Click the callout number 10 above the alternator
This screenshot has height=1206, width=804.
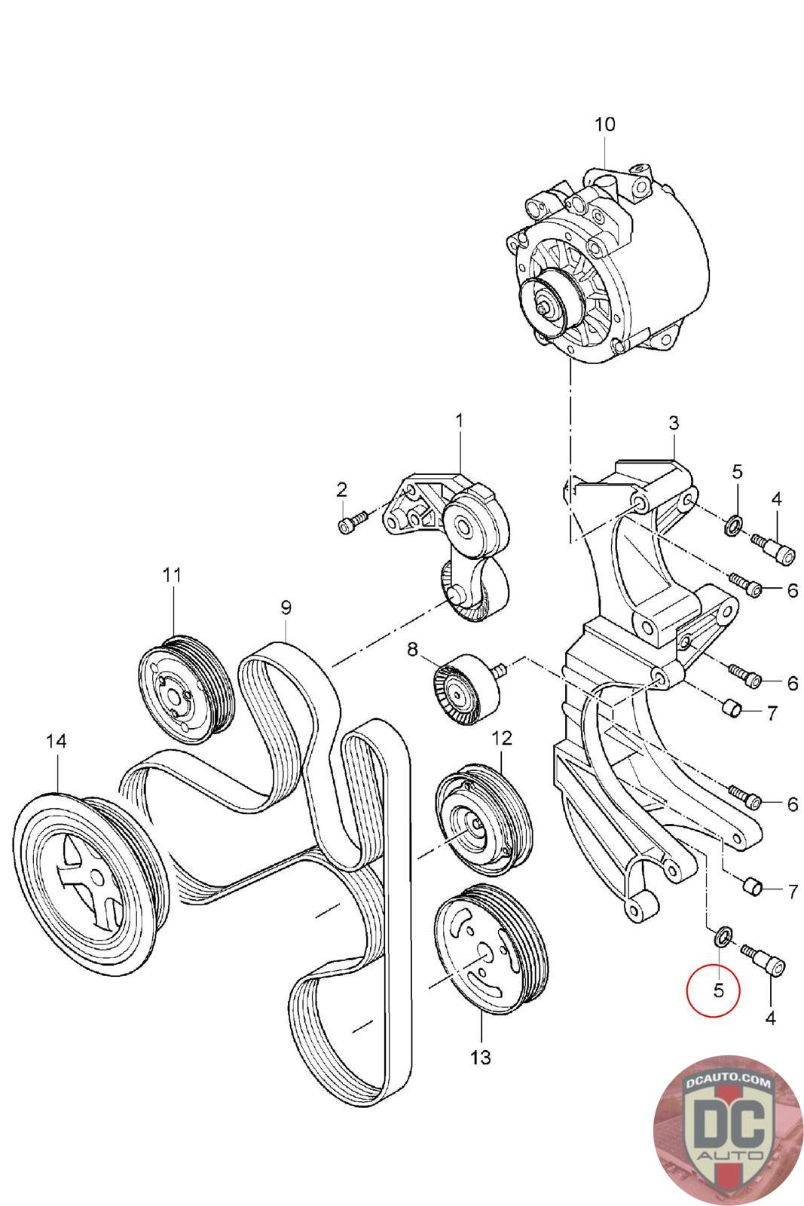coord(604,124)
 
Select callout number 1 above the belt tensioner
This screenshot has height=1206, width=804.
coord(460,420)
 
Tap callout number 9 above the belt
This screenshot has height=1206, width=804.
coord(286,607)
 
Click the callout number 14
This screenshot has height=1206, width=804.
coord(56,741)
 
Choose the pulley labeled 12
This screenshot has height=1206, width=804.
coord(483,824)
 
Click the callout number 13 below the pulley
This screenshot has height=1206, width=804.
coord(480,1058)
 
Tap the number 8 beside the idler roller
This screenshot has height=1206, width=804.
coord(412,648)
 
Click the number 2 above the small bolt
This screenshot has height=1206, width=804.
coord(342,489)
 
